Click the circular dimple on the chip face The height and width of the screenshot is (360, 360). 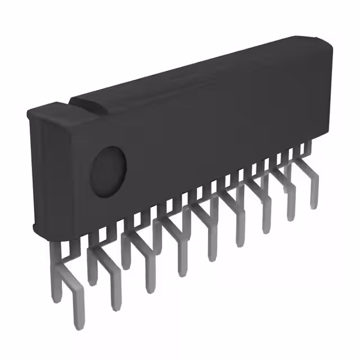click(x=109, y=172)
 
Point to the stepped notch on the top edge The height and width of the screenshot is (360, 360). click(x=73, y=102)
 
